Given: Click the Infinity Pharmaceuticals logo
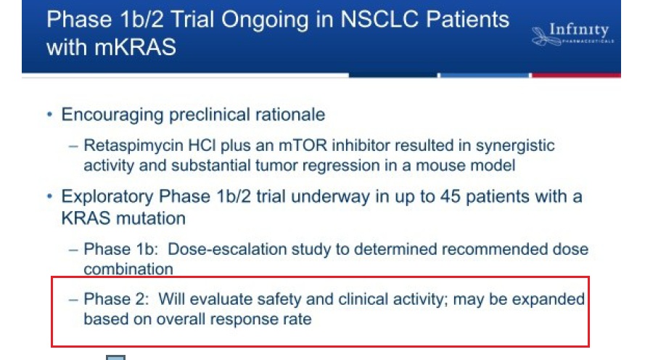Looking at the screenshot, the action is point(572,33).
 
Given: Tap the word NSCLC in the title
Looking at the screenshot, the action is point(379,20).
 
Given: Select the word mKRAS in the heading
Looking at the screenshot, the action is point(135,47).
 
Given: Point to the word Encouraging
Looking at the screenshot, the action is point(112,115).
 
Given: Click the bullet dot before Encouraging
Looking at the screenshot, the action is point(50,114).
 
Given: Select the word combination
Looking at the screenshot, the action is point(128,269).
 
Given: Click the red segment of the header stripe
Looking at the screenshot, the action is point(576,75).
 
